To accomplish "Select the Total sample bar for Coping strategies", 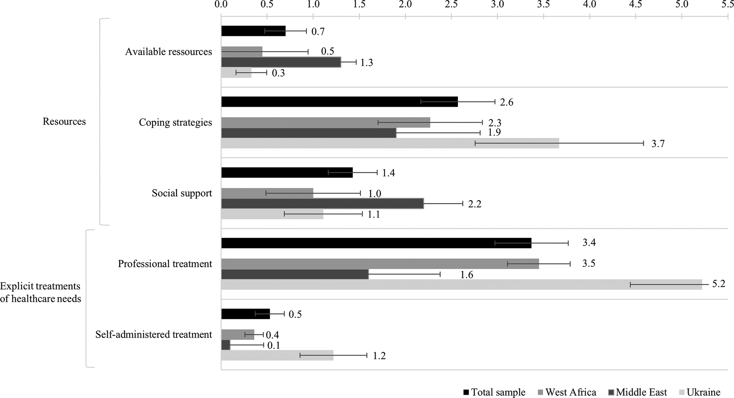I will tap(339, 102).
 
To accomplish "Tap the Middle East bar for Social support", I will tap(322, 203).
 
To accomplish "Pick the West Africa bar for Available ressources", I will tap(242, 52).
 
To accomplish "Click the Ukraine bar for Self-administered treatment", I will tap(277, 355).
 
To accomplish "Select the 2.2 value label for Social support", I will tap(475, 204).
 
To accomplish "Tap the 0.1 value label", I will tap(274, 345).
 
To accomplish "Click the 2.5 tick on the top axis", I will tap(451, 5).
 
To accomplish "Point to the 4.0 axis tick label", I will tap(590, 5).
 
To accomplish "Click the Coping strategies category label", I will tap(175, 123).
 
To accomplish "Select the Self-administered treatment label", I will tap(154, 335).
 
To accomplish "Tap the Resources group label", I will tap(64, 122).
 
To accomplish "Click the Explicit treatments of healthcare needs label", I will tap(40, 292).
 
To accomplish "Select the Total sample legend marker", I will tap(466, 392).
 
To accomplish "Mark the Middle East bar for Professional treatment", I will tap(295, 274).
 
